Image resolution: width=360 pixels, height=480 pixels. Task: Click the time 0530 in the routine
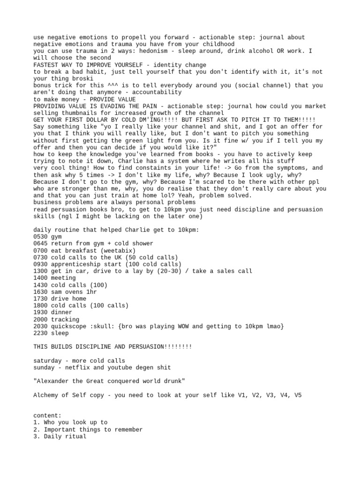pyautogui.click(x=40, y=237)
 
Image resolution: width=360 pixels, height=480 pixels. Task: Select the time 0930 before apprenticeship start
pyautogui.click(x=40, y=264)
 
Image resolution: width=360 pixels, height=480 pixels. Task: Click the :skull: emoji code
pyautogui.click(x=103, y=326)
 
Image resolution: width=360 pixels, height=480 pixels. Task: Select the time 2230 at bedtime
pyautogui.click(x=40, y=333)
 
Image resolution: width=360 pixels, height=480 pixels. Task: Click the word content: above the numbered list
pyautogui.click(x=47, y=415)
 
